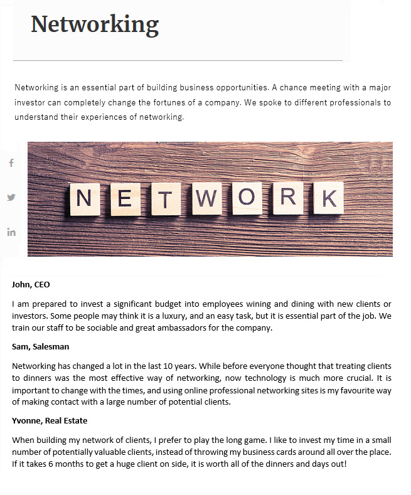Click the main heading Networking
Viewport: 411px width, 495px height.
click(95, 24)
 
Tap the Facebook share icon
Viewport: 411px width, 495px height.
click(11, 163)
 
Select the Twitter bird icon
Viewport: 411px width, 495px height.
click(11, 197)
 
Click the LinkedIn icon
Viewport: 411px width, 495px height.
click(11, 232)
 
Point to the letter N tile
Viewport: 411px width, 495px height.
click(84, 199)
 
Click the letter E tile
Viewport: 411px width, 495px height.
click(125, 199)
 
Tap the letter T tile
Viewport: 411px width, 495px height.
click(164, 200)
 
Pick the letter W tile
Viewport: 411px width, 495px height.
click(207, 199)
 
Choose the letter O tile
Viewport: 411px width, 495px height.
click(247, 199)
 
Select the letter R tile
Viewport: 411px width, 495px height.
click(287, 196)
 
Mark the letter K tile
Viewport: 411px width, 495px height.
click(328, 198)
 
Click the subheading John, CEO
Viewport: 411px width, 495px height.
click(31, 284)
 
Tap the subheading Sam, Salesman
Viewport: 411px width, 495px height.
click(40, 346)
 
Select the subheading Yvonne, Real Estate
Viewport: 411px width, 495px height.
click(50, 420)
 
